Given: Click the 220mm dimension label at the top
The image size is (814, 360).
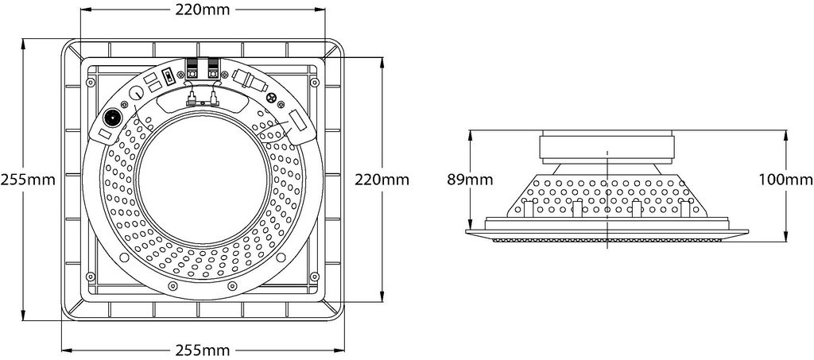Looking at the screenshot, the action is coord(203,9).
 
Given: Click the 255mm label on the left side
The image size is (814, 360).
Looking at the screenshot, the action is coord(28,180).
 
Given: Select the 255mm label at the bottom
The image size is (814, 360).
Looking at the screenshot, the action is coord(203,350).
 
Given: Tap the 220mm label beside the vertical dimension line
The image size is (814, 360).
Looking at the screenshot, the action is coord(382,180).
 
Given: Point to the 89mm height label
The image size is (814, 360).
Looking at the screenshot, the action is coord(470,180).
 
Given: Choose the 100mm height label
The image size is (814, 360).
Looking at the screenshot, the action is coord(785,180).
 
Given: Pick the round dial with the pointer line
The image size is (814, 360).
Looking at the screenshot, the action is coord(136,94).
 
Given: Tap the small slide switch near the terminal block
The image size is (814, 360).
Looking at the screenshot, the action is coord(169,77).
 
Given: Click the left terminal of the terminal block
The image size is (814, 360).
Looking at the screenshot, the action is coord(192,68).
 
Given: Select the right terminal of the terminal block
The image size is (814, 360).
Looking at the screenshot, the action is coord(213,68).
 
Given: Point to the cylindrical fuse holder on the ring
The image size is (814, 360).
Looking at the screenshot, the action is coord(250,80).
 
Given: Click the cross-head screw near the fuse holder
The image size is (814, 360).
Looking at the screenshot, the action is coord(270,99).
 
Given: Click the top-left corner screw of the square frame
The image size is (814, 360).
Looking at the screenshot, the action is coord(91,83).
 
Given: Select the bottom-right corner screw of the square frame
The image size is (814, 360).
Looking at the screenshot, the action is coord(314,276).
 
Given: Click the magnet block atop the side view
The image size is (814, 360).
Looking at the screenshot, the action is coord(607,149).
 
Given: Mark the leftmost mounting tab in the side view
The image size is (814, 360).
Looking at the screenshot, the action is coord(529,208).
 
